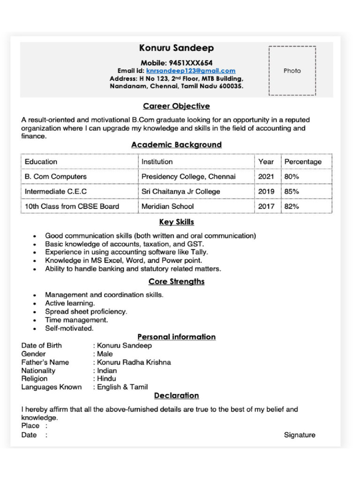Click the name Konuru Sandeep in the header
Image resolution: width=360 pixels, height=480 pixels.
click(x=176, y=48)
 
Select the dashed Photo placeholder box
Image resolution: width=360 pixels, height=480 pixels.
click(x=292, y=71)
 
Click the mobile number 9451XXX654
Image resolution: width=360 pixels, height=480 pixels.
click(x=190, y=63)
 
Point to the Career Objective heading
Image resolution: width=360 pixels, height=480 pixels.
click(x=176, y=106)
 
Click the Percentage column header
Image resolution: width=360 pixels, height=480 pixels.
click(x=303, y=162)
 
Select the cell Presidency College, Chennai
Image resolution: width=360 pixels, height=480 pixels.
click(x=188, y=177)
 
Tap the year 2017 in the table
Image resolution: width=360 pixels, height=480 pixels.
click(x=266, y=206)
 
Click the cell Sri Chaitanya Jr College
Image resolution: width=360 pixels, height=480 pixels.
click(x=180, y=192)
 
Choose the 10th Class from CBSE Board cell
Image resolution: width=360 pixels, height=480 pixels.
click(x=72, y=206)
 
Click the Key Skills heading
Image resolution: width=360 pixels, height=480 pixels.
click(x=176, y=222)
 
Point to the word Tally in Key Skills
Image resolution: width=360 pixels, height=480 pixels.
click(x=199, y=252)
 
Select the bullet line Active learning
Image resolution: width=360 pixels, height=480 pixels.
click(x=70, y=303)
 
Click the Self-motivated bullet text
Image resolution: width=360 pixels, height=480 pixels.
click(x=69, y=329)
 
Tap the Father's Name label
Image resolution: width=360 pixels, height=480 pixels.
click(x=45, y=362)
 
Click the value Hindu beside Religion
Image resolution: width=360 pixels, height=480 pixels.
click(x=106, y=379)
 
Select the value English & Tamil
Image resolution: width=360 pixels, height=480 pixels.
click(x=122, y=387)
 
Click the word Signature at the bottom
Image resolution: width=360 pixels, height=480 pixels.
click(x=300, y=435)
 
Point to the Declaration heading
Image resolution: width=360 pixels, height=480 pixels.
click(x=176, y=396)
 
